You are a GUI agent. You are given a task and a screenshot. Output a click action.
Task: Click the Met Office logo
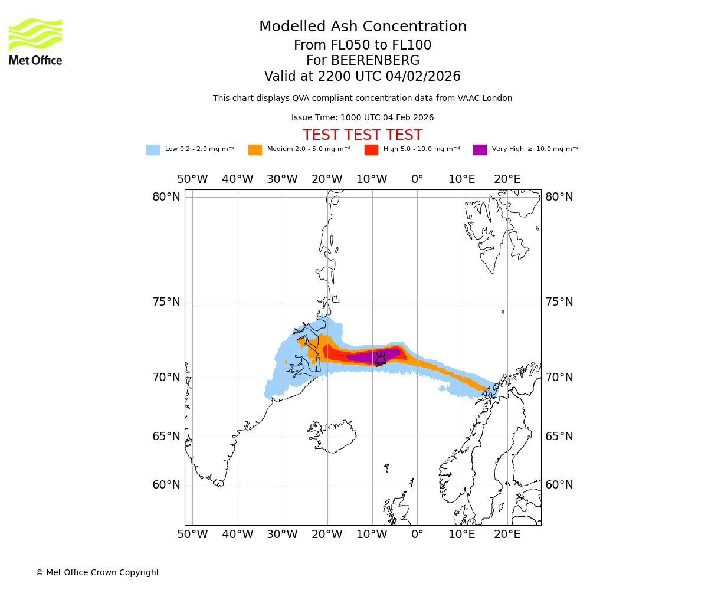[x=35, y=41]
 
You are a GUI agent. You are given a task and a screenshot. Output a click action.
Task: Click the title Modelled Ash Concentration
[x=362, y=27]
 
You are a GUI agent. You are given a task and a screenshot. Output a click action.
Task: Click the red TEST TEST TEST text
[x=362, y=136]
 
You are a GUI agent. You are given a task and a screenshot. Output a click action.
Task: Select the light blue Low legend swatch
[x=153, y=150]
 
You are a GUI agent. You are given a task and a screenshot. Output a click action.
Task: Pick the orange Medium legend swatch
[x=255, y=150]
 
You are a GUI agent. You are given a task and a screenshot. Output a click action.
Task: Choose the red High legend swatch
[x=371, y=150]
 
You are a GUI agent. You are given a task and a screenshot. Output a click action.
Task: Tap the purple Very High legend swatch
[x=480, y=150]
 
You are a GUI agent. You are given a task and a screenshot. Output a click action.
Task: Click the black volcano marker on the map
[x=381, y=359]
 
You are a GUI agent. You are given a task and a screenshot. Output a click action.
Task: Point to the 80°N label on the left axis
[x=166, y=197]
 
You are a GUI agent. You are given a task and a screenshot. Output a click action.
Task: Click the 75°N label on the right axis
[x=559, y=302]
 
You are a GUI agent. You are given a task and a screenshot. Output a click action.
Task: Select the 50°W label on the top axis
[x=192, y=179]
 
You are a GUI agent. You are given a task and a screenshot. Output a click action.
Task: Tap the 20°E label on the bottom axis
[x=507, y=535]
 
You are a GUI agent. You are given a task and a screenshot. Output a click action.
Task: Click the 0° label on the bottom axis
[x=417, y=535]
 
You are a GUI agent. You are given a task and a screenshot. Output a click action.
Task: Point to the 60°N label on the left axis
[x=166, y=485]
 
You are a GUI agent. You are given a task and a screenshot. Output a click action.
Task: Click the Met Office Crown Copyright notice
[x=97, y=573]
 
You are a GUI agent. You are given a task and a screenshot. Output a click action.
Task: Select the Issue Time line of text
[x=362, y=118]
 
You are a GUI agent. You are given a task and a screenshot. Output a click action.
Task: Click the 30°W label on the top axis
[x=282, y=179]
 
